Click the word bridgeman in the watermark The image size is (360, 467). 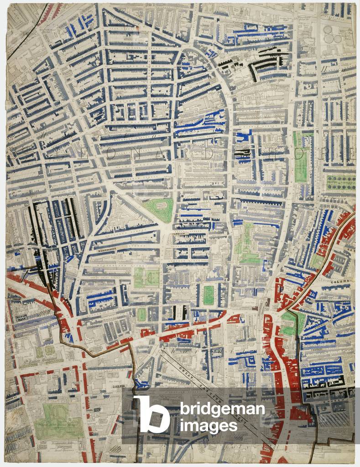222,409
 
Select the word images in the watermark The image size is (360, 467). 209,426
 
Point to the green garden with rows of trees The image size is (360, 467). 341,182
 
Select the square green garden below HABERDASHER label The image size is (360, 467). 146,277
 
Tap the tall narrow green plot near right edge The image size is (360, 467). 300,157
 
